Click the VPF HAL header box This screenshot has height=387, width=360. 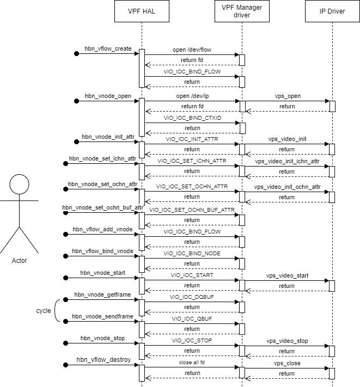point(142,11)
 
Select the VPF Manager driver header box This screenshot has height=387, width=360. point(241,11)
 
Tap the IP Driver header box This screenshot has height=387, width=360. point(332,11)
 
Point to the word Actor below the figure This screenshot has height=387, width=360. point(19,261)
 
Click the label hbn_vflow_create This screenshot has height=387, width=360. point(108,49)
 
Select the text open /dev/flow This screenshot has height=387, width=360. point(191,50)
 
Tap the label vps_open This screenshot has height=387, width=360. point(288,96)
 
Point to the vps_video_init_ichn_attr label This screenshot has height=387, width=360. point(288,162)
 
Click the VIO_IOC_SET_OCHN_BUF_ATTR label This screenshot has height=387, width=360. point(191,210)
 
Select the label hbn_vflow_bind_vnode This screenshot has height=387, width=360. point(103,251)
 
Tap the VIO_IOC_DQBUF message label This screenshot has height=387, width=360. point(191,297)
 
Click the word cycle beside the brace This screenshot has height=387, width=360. point(44,310)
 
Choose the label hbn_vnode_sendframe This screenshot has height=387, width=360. point(103,316)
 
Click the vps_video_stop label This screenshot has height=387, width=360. point(288,341)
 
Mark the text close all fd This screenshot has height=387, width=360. point(191,362)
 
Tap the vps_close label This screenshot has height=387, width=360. point(288,363)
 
